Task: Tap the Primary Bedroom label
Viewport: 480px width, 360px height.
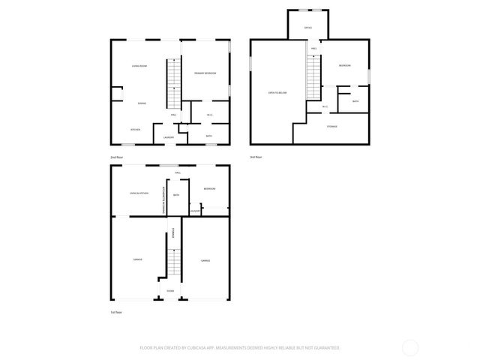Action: pos(205,73)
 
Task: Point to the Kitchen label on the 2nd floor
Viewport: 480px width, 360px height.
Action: pos(136,129)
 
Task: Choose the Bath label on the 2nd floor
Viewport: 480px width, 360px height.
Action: pos(208,136)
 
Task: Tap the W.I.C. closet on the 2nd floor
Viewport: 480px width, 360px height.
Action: pos(210,115)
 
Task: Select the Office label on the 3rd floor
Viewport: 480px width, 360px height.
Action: pos(307,27)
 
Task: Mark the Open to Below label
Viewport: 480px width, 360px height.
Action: pos(278,92)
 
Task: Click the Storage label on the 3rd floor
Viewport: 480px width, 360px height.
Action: pos(331,126)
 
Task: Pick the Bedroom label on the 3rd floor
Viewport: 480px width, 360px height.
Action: pos(343,66)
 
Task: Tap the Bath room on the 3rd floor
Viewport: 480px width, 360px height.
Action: pos(355,100)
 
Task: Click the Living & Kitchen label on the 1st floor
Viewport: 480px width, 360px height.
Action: pos(139,193)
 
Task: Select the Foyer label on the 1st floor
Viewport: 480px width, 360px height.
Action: pos(170,289)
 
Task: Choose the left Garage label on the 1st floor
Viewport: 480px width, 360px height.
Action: pos(138,259)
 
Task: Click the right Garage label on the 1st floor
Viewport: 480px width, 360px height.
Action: pos(205,260)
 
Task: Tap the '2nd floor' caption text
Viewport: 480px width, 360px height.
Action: pos(116,157)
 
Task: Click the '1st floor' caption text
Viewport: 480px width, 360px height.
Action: pos(116,311)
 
